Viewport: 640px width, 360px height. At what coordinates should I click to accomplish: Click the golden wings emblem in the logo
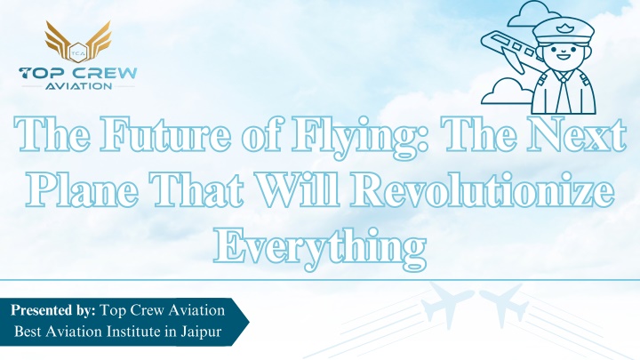[x=77, y=41]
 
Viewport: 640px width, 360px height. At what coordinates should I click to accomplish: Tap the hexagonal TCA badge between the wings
[x=77, y=52]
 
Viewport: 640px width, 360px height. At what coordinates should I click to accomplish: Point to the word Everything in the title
[x=320, y=247]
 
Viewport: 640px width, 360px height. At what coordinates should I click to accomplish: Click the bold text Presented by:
[x=53, y=310]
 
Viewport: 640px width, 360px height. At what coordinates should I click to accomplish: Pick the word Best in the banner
[x=28, y=331]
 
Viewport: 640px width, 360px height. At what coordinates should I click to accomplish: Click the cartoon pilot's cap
[x=564, y=30]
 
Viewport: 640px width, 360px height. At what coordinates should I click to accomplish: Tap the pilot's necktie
[x=564, y=92]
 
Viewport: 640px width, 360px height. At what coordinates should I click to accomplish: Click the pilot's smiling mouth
[x=564, y=55]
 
